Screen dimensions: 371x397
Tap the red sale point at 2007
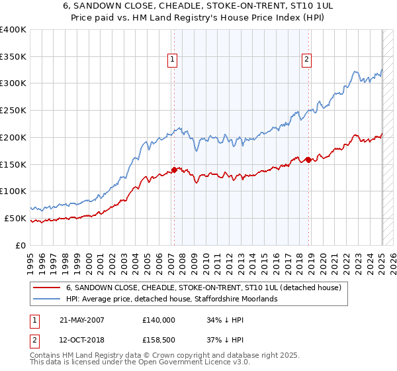click(175, 170)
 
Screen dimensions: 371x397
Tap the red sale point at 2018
click(308, 160)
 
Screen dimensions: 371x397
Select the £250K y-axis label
click(13, 111)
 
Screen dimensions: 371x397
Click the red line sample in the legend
click(47, 288)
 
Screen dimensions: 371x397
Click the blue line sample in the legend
click(47, 299)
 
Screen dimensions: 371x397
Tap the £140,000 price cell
click(159, 319)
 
